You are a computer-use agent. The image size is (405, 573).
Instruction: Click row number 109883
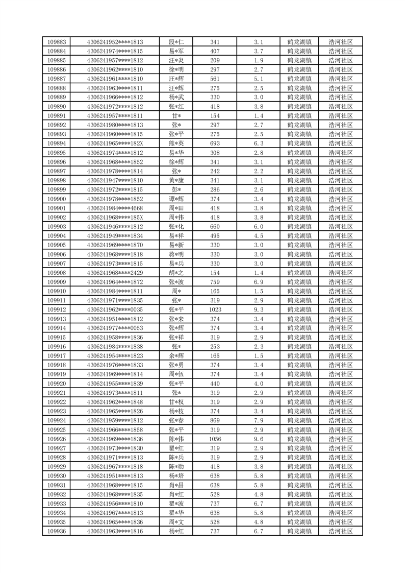56,42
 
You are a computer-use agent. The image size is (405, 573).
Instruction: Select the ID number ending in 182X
115,144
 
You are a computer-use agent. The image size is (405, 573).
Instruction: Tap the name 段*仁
176,42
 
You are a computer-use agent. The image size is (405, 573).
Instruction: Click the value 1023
215,309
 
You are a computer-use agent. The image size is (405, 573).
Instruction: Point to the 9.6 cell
258,439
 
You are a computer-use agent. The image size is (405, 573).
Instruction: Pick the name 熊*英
176,144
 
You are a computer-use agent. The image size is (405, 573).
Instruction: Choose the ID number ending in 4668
115,208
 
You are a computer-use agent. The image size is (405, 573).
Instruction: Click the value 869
215,420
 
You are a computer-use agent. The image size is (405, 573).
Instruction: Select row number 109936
56,531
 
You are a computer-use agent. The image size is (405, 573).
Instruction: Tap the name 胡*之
176,273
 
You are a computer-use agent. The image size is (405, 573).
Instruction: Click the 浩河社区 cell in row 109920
341,384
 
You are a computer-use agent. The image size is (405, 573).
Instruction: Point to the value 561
215,79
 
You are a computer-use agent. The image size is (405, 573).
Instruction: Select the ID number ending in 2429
115,273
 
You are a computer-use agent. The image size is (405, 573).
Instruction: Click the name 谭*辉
176,199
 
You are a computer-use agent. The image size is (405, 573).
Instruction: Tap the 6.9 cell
258,282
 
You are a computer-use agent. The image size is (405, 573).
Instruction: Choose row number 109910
56,291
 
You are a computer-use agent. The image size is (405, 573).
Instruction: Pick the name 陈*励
176,466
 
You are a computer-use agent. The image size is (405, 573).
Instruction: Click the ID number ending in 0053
115,328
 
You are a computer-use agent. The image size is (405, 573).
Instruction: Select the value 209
215,60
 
